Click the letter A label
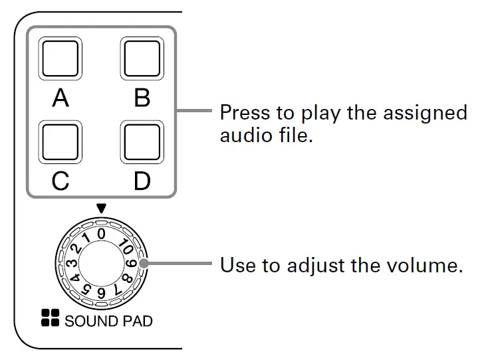(x=60, y=98)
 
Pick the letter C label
(x=60, y=181)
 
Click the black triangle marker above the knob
(x=101, y=209)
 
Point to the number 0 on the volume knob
(x=101, y=233)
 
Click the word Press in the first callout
(x=241, y=112)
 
